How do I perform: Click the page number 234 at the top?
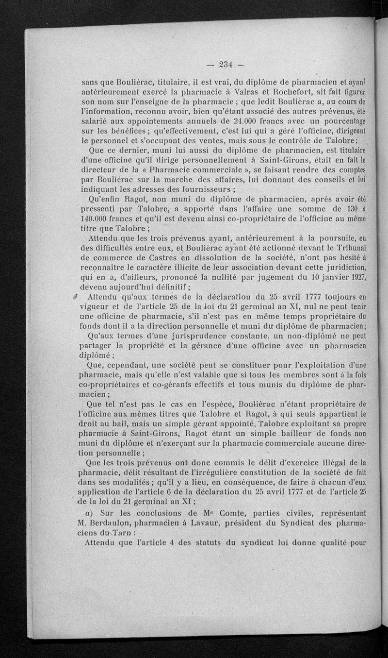(x=226, y=63)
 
